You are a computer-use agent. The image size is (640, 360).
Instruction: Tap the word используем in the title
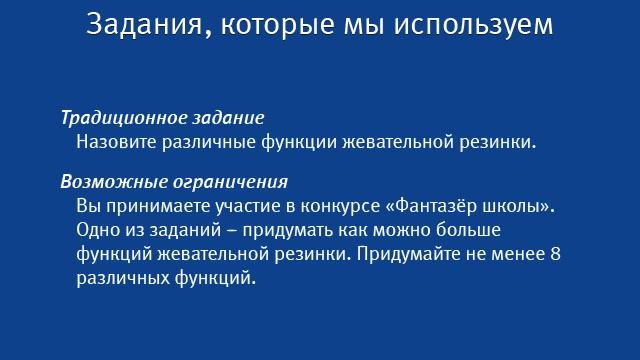469,24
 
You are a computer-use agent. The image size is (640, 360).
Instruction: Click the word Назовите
113,141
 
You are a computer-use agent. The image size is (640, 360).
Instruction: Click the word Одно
96,230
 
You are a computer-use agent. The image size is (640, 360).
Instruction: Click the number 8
555,254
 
